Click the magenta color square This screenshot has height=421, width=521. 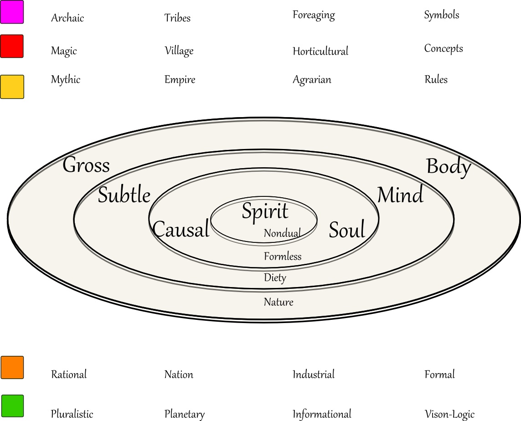click(x=12, y=12)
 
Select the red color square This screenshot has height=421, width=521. click(x=12, y=46)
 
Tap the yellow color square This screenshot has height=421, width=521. click(x=12, y=87)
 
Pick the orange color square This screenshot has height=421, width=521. click(x=12, y=367)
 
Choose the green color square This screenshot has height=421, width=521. click(x=12, y=406)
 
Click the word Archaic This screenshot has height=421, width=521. click(x=67, y=18)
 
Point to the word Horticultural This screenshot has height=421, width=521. click(x=320, y=51)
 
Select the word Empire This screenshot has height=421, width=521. click(x=180, y=80)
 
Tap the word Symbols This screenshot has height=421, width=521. click(x=442, y=15)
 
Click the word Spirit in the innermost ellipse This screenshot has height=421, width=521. click(x=265, y=211)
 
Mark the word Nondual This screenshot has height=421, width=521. click(x=282, y=234)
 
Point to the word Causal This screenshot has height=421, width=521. click(x=181, y=229)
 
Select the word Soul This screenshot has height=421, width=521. click(x=347, y=230)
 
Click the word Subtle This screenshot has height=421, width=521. click(x=124, y=195)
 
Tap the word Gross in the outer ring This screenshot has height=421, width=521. click(x=86, y=165)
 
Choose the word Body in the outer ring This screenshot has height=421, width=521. click(x=449, y=167)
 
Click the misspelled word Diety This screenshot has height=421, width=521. click(x=275, y=277)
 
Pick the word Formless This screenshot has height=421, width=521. click(x=283, y=257)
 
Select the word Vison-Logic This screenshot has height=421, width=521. click(x=449, y=414)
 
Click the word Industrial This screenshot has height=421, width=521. click(x=314, y=375)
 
